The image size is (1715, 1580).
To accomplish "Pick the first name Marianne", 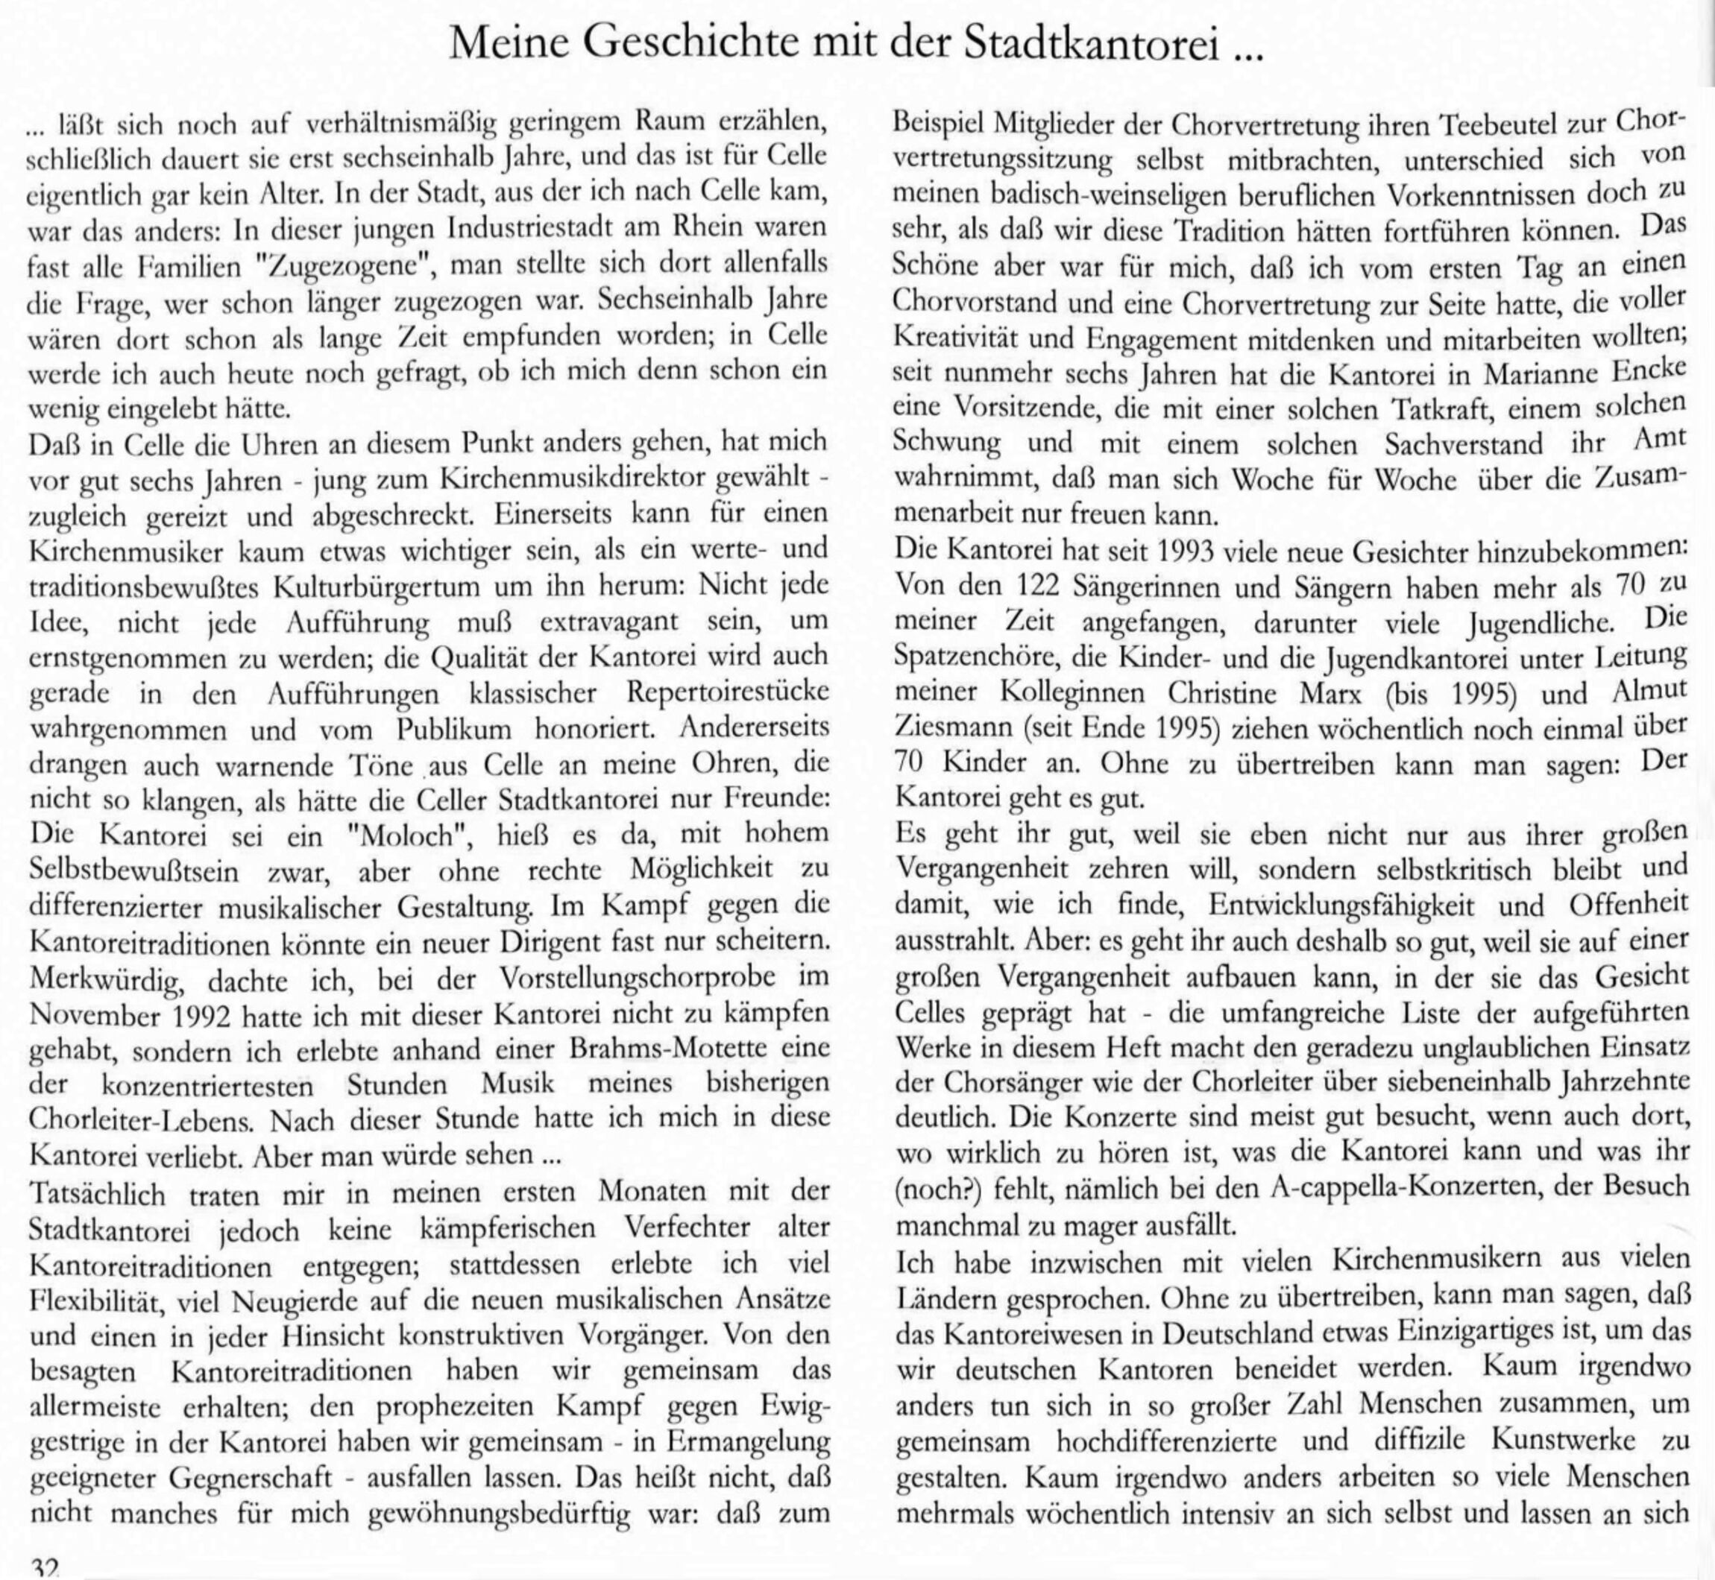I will (1531, 373).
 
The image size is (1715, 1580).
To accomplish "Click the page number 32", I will (43, 1567).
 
